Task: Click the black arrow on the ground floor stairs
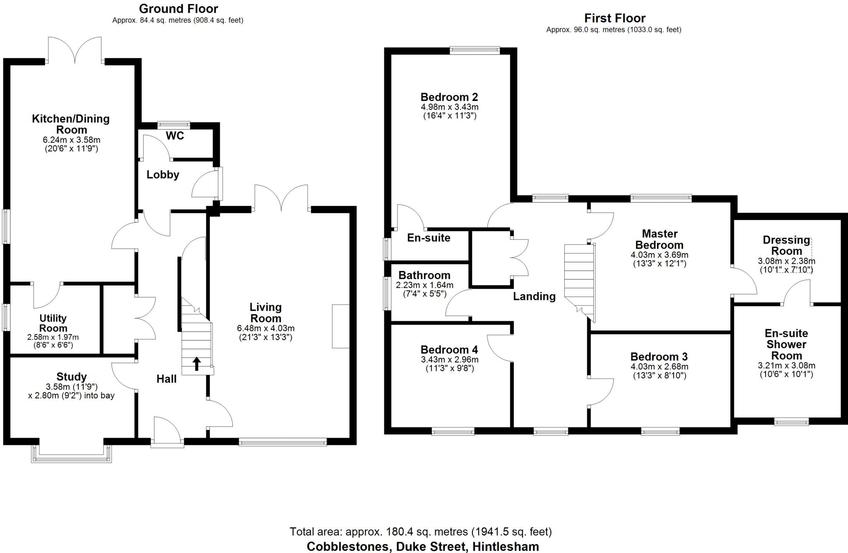click(197, 364)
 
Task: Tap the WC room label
click(175, 136)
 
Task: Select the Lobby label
click(163, 175)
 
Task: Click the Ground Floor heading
click(178, 9)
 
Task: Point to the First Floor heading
click(614, 18)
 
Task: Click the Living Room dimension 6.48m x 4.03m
click(265, 328)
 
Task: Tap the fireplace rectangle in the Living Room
click(340, 326)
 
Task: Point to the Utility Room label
click(53, 323)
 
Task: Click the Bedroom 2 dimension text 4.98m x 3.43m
click(450, 107)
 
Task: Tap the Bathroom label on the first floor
click(424, 275)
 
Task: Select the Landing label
click(534, 296)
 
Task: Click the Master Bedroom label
click(659, 239)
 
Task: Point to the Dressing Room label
click(786, 245)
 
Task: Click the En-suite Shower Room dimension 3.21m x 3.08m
click(786, 366)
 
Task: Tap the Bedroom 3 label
click(659, 357)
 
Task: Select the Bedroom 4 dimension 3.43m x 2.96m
click(450, 360)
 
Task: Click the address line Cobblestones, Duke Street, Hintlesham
click(422, 546)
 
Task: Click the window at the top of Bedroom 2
click(475, 51)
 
